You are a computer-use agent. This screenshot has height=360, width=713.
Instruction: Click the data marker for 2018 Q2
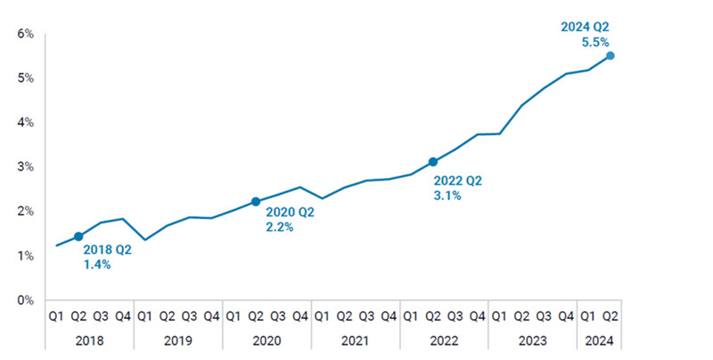[78, 236]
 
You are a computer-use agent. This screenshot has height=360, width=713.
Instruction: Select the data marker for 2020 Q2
[256, 201]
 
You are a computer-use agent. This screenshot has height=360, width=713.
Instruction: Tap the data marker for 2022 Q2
[433, 161]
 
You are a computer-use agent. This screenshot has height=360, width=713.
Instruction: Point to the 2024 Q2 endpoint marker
[611, 55]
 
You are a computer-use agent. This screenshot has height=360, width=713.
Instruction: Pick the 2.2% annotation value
[280, 227]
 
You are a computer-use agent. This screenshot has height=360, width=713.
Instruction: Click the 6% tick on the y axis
[25, 34]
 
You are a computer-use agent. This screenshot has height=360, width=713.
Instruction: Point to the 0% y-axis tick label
[25, 300]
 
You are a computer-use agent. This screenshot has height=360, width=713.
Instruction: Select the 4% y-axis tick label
[25, 122]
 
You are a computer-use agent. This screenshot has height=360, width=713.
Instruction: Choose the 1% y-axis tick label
[25, 256]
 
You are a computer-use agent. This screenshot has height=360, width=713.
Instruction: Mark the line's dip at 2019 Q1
[145, 240]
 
